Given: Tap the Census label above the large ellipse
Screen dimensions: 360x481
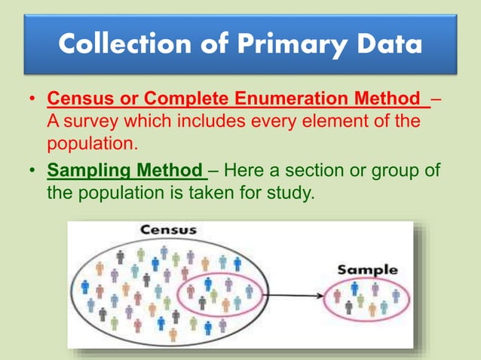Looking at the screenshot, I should click(168, 229).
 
